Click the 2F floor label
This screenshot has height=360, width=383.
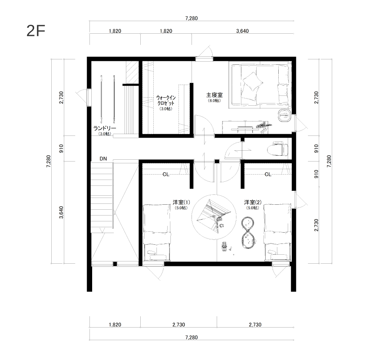(x=36, y=31)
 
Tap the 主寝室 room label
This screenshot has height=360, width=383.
(x=214, y=94)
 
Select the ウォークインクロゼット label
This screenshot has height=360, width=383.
(x=166, y=100)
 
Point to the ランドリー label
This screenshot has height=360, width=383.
(x=105, y=128)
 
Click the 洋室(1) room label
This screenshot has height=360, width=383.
(x=181, y=202)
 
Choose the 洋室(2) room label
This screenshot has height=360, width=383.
(x=253, y=202)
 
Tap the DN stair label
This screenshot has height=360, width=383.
(x=103, y=159)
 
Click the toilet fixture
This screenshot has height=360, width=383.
(x=278, y=148)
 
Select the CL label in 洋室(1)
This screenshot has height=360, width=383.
(x=166, y=175)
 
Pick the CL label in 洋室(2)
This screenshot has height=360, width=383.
(x=268, y=175)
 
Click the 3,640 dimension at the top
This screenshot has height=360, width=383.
(x=242, y=31)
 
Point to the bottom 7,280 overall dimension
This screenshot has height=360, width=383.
(x=191, y=337)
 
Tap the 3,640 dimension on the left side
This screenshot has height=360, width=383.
(x=61, y=212)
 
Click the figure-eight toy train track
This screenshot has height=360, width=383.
(x=249, y=233)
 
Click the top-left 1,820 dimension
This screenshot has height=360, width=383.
(x=115, y=31)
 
